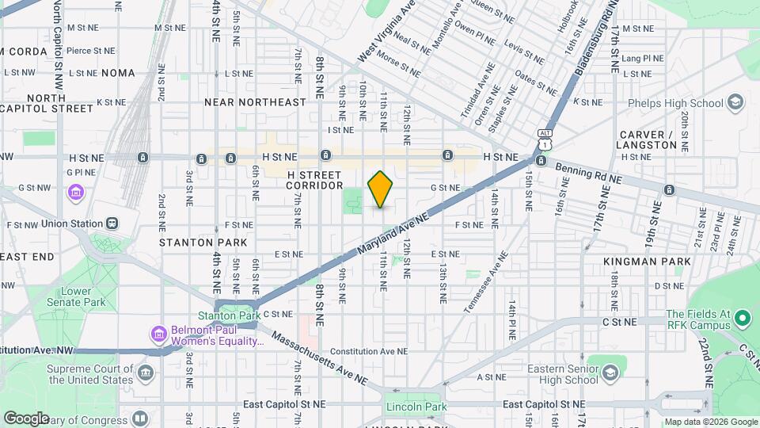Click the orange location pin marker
pos(380,189)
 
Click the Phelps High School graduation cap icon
pos(735,103)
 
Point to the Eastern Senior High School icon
pos(610,373)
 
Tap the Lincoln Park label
pos(412,407)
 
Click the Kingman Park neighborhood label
pos(646,261)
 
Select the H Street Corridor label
pos(315,179)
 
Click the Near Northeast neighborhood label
pos(255,102)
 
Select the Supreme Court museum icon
pos(145,373)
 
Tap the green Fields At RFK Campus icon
pos(742,319)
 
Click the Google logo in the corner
pos(26,418)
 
